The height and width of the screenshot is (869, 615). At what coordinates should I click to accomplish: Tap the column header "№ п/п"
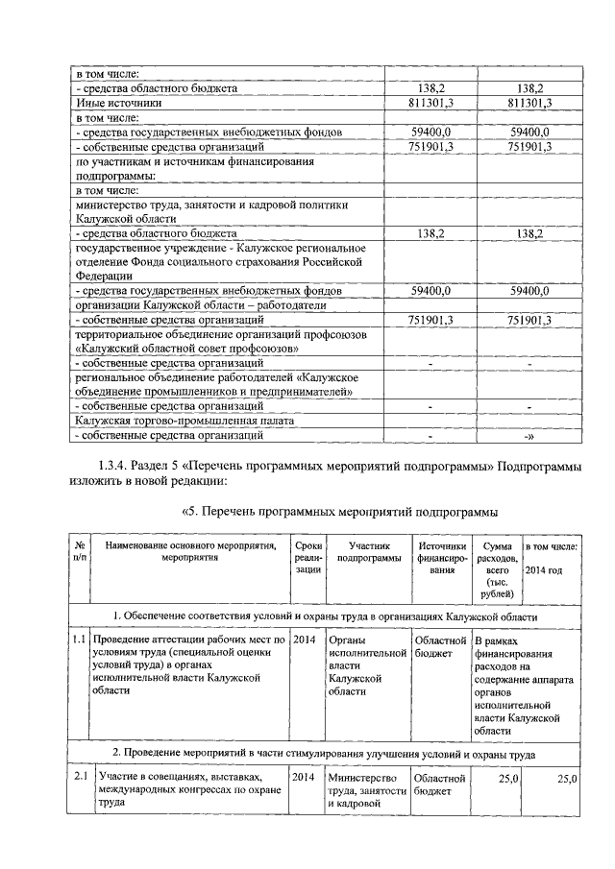(x=80, y=551)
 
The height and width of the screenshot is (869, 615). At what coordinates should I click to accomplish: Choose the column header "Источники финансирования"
(x=441, y=558)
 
